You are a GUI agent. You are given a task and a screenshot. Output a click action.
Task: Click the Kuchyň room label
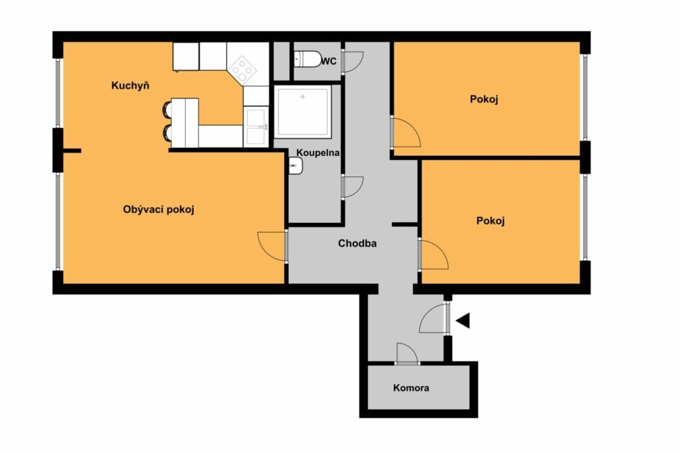point(130,86)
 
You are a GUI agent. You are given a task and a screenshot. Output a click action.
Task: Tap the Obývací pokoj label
point(158,210)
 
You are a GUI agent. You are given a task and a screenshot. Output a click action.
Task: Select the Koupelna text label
point(318,153)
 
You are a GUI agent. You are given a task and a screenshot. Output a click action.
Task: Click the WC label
point(329,62)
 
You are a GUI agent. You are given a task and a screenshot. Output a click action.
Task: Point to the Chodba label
point(357,243)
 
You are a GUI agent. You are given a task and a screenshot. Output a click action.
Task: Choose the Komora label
point(411,388)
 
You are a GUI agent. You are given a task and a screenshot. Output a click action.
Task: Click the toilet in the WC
point(307,59)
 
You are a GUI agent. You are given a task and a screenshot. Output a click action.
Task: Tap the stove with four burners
point(242,69)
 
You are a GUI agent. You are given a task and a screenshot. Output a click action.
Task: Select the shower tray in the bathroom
point(303,111)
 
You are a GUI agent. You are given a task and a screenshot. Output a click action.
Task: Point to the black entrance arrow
point(463,321)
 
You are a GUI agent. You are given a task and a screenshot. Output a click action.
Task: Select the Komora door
point(407,354)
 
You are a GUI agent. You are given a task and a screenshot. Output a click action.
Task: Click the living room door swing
point(272,246)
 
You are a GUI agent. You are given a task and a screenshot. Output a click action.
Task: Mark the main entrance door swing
point(434,318)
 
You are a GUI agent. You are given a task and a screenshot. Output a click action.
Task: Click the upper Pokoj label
point(484,99)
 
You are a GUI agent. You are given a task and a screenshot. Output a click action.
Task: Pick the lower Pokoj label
point(491,221)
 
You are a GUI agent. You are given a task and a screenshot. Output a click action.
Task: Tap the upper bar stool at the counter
point(167,108)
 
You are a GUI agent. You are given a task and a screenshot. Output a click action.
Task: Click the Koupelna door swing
point(352,187)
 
